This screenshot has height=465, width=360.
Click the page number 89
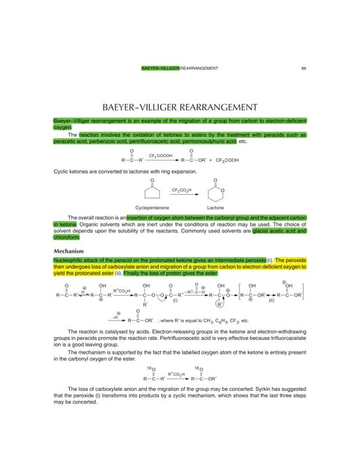coord(303,68)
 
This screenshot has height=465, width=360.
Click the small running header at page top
coord(180,68)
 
